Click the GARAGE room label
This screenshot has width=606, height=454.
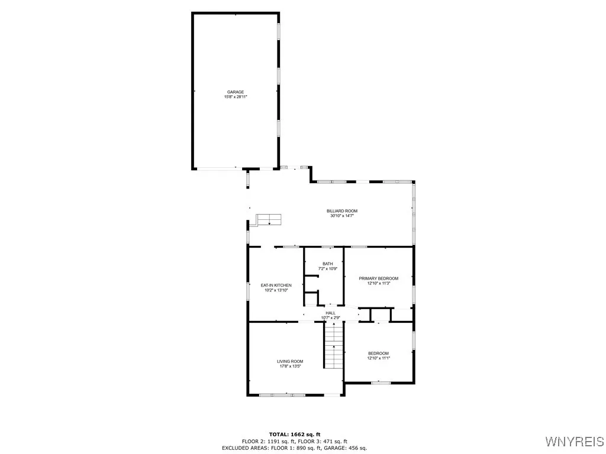click(236, 92)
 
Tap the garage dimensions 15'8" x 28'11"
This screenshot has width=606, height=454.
click(236, 97)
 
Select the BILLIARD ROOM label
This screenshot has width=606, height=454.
click(342, 211)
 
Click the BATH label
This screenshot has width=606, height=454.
click(328, 264)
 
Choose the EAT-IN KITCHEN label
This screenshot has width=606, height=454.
click(276, 286)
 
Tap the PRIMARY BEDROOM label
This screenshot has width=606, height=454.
click(379, 278)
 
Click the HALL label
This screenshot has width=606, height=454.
click(330, 313)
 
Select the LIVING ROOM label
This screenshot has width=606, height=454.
click(290, 361)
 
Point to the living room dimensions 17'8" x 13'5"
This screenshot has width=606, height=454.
click(290, 367)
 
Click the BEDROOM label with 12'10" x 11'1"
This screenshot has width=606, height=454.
click(379, 353)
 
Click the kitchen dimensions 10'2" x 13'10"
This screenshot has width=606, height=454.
click(276, 290)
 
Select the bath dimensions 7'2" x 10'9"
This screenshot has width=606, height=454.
click(328, 269)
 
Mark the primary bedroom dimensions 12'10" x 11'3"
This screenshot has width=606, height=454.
click(379, 284)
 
